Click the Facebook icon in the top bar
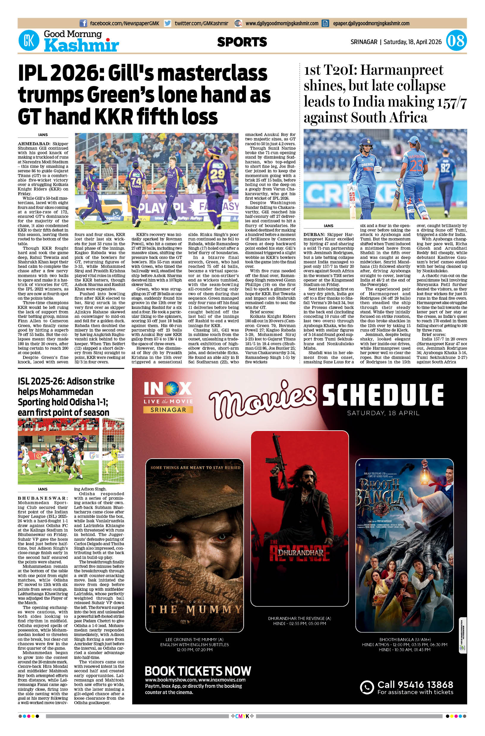point(83,23)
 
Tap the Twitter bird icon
point(168,23)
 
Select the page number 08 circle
point(456,41)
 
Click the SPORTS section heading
point(242,42)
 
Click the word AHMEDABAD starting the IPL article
point(34,144)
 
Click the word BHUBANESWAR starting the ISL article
point(43,498)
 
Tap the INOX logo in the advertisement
point(168,388)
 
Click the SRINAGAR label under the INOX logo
point(168,410)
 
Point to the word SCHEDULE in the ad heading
point(383,395)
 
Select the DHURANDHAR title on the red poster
point(300,553)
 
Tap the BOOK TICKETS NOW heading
point(198,671)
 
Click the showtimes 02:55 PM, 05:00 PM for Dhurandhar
point(300,623)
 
